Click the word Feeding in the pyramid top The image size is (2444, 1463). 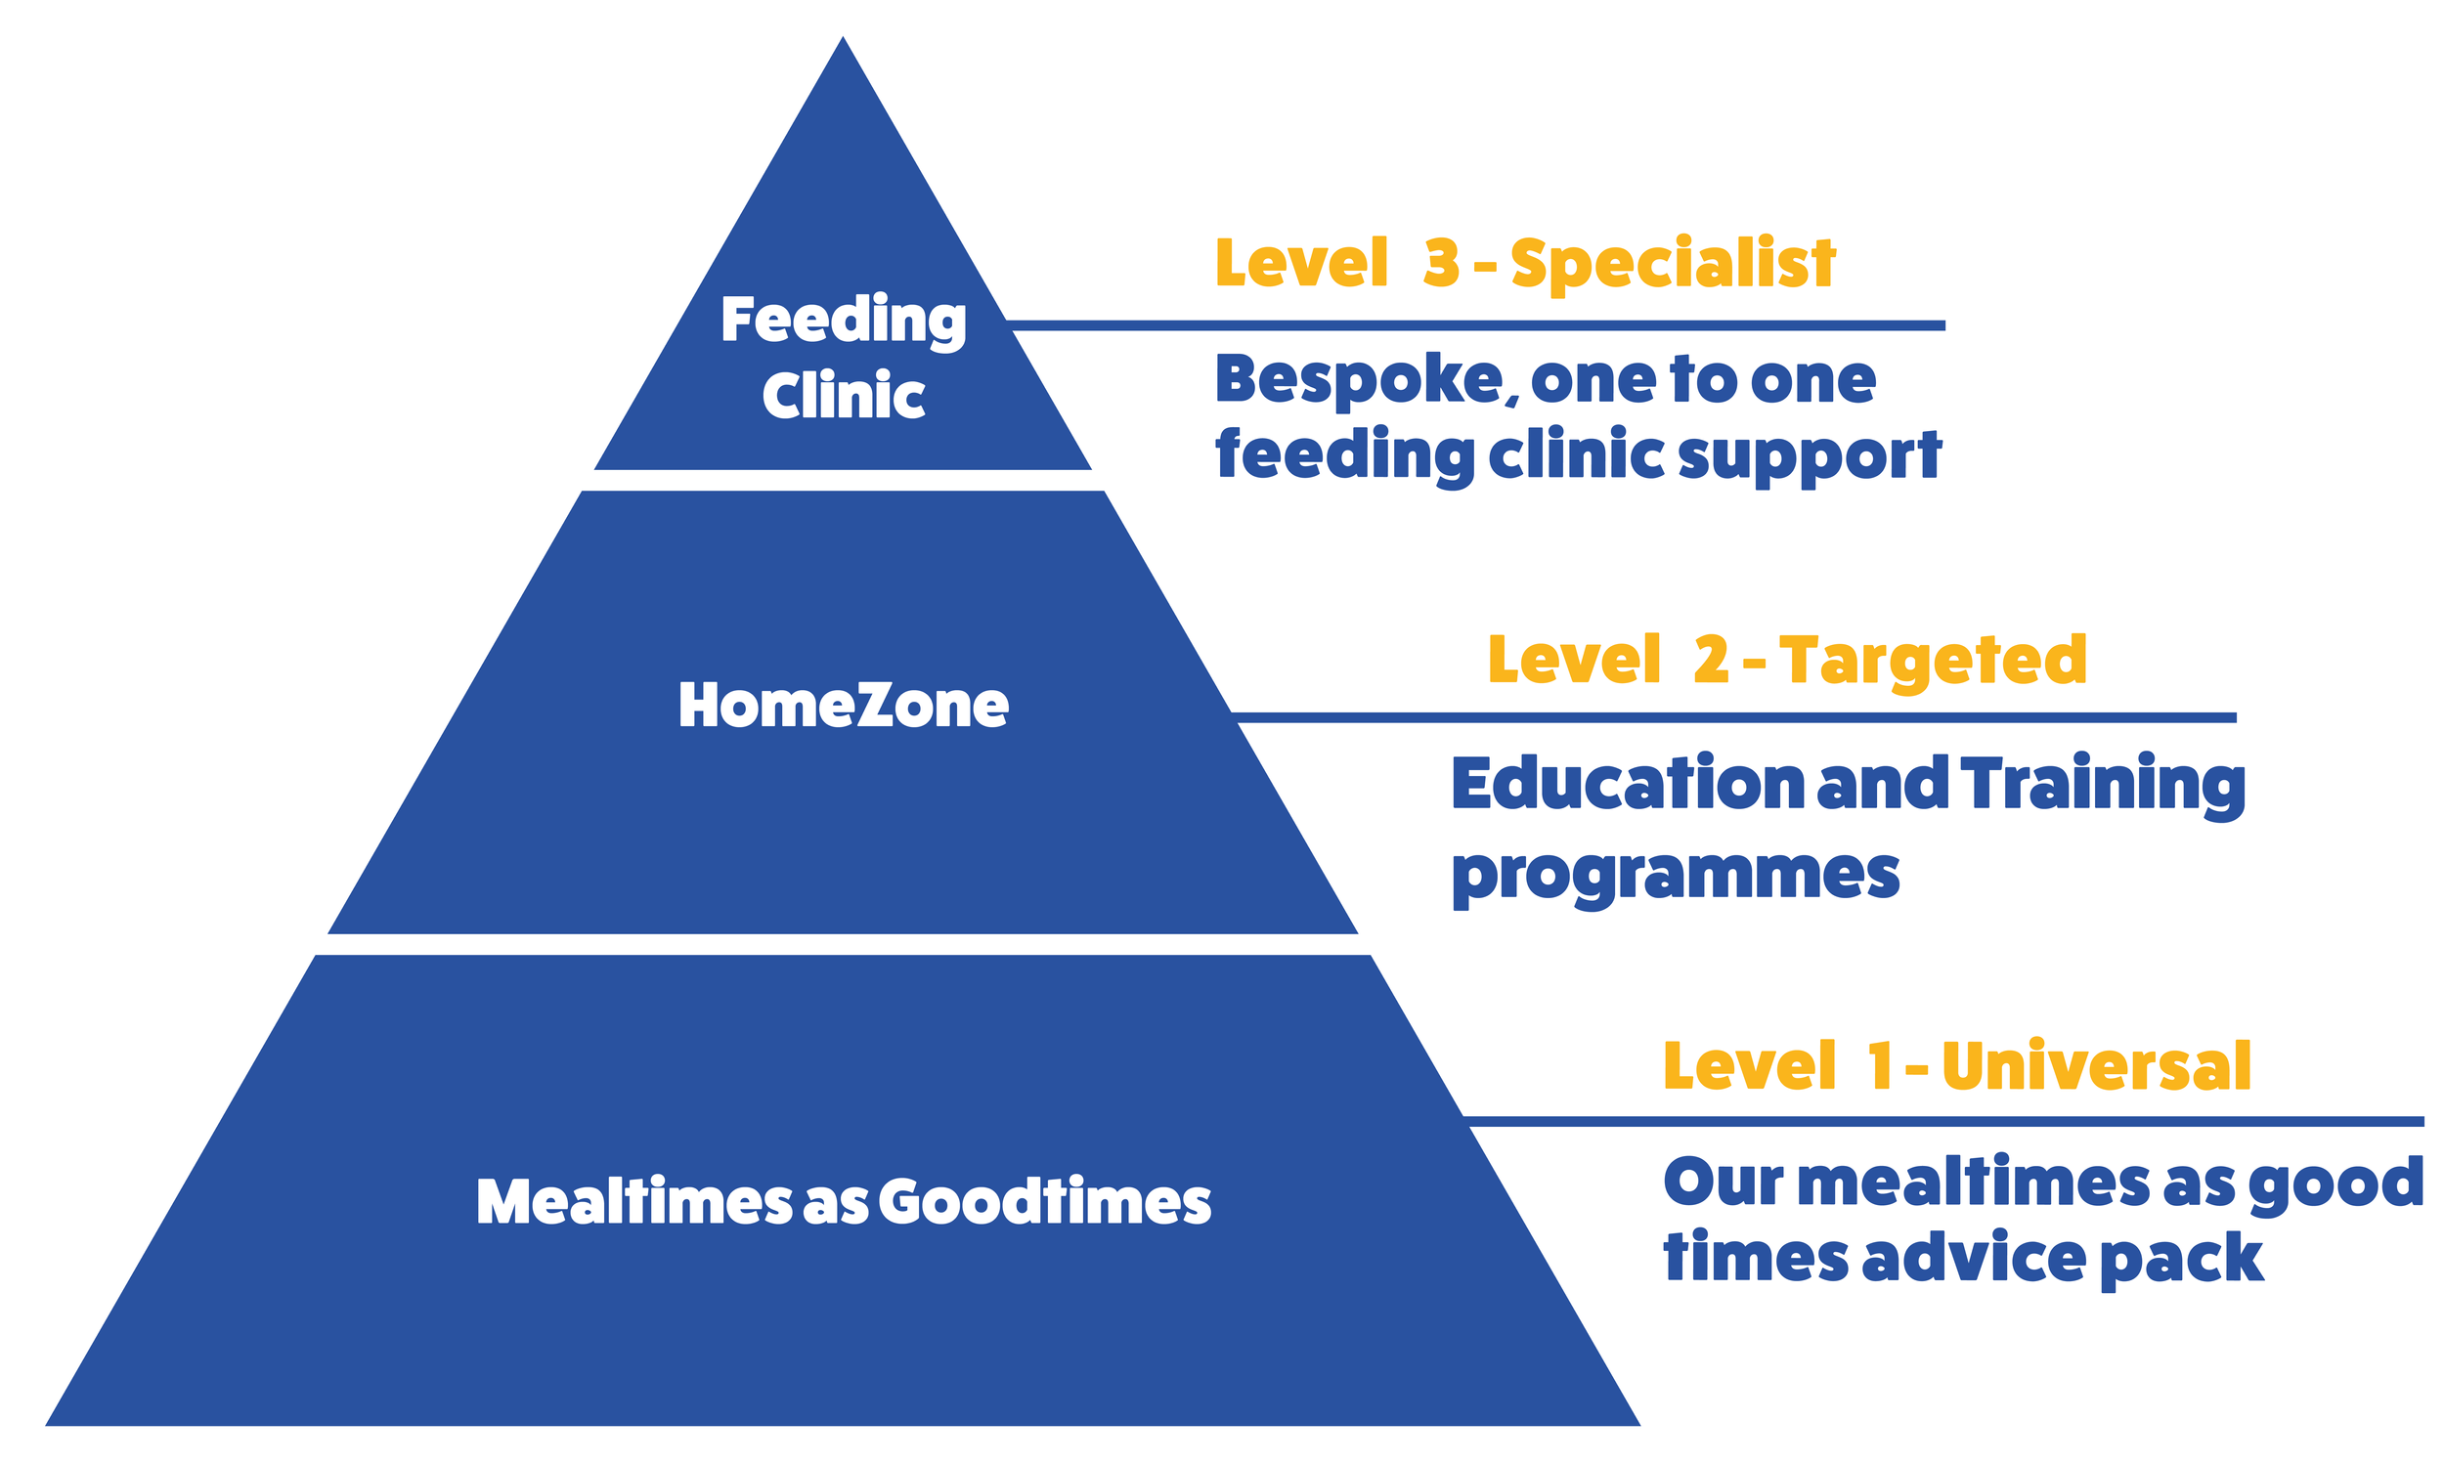[843, 321]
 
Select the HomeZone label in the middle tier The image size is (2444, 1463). [843, 706]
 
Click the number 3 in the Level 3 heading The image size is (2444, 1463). [1440, 263]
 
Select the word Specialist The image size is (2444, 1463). [1672, 263]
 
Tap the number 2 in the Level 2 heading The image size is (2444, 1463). [1711, 660]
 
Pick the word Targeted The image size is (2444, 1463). [1933, 660]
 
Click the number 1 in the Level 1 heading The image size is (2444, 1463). [1879, 1065]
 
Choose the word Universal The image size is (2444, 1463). [2096, 1065]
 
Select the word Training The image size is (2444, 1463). [2103, 785]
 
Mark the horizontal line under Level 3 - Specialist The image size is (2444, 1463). [1479, 325]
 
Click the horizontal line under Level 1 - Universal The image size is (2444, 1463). [1942, 1122]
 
